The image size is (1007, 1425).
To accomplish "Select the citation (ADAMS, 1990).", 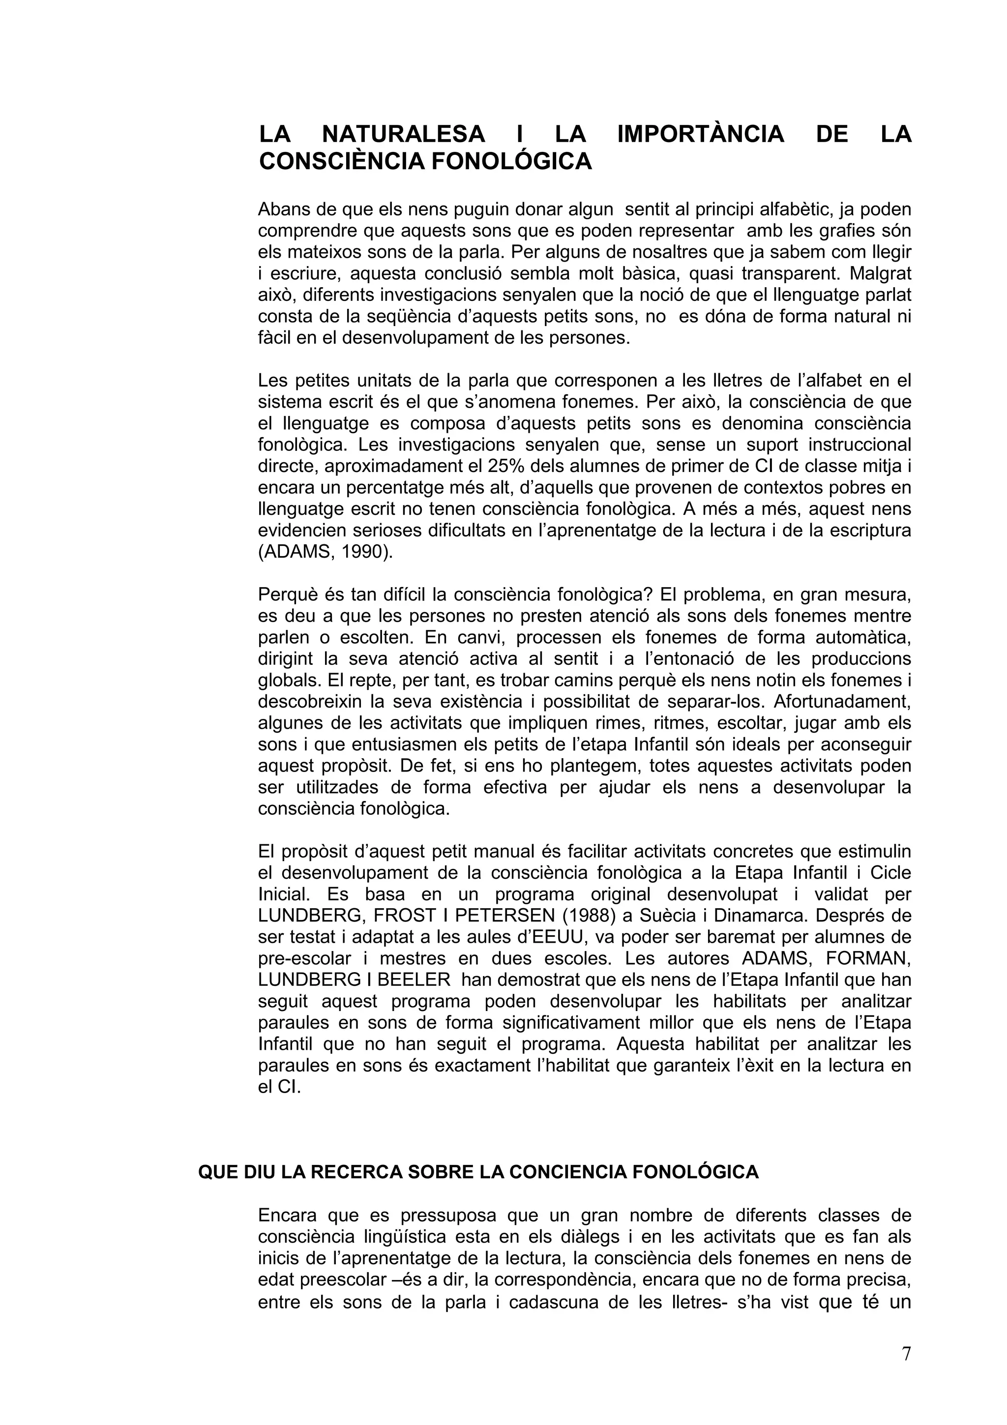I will coord(326,552).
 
